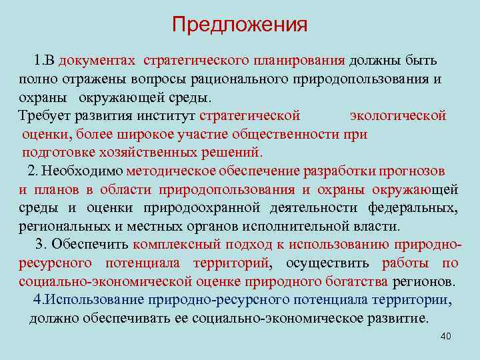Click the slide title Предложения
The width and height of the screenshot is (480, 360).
click(x=240, y=25)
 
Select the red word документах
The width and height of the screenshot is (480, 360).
click(x=97, y=61)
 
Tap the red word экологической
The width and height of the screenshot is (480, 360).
click(x=398, y=115)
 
